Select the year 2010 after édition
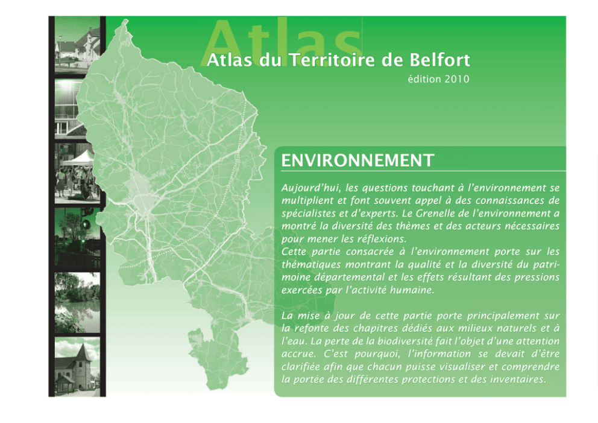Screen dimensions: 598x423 457,79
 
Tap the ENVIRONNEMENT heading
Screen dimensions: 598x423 357,161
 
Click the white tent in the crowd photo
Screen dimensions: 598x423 78,158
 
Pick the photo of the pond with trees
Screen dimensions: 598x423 77,302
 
